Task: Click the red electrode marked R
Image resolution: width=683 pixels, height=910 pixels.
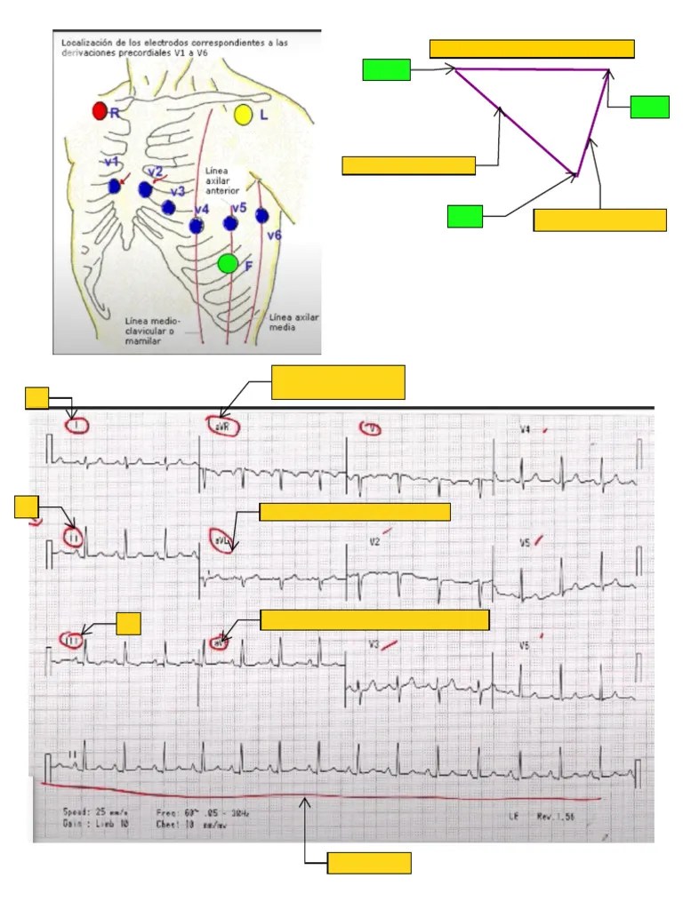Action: coord(100,111)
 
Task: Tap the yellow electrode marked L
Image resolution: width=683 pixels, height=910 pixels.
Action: coord(243,114)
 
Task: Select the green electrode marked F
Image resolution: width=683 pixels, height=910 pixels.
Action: coord(228,263)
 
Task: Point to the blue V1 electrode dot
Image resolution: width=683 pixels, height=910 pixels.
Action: coord(115,188)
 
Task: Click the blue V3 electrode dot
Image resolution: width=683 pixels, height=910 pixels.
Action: coord(169,207)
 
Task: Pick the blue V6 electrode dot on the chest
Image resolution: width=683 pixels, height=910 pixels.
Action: coord(261,215)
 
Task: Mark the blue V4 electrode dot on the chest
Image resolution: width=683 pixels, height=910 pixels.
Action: coord(197,226)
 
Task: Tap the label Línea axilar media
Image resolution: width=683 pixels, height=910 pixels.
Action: coord(293,322)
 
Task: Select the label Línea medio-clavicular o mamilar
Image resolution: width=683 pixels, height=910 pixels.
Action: coord(152,331)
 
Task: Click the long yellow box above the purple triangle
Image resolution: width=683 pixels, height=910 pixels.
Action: coord(532,49)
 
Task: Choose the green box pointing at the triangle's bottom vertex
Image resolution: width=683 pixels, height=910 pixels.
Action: coord(464,216)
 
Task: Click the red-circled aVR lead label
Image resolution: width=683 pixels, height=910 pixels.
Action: coord(224,427)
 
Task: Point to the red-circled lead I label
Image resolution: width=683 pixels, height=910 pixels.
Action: coord(77,426)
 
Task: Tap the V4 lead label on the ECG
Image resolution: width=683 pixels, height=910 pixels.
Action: coord(526,430)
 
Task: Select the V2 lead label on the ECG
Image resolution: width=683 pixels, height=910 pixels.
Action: coord(375,540)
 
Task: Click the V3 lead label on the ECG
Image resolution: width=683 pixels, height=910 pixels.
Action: coord(375,644)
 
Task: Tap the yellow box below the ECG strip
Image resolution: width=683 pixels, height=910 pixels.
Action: coord(369,863)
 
